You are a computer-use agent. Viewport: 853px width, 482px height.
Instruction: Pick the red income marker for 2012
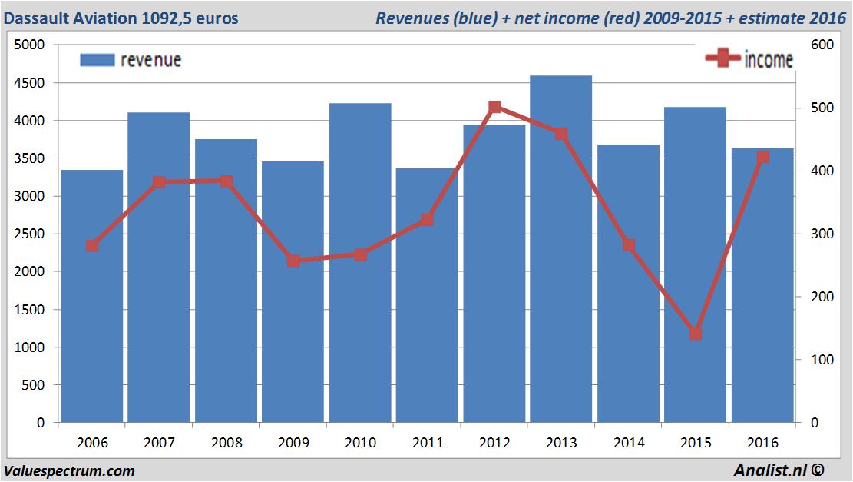click(494, 108)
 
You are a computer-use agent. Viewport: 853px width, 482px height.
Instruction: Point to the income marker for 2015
click(696, 334)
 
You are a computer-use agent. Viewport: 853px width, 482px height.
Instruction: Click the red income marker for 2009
click(293, 261)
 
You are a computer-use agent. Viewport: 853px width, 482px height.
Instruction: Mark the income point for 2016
click(762, 157)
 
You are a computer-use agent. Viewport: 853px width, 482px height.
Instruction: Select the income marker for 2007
click(159, 182)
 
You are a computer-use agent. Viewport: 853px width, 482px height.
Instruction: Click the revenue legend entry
click(131, 59)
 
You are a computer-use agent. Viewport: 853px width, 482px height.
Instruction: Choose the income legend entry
click(749, 59)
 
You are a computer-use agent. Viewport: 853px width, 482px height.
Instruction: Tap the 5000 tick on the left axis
click(30, 45)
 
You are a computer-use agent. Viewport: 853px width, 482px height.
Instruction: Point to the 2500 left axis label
click(30, 234)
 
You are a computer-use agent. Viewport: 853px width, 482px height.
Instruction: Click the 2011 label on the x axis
click(428, 443)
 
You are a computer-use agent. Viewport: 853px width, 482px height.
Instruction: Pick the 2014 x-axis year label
click(629, 443)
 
